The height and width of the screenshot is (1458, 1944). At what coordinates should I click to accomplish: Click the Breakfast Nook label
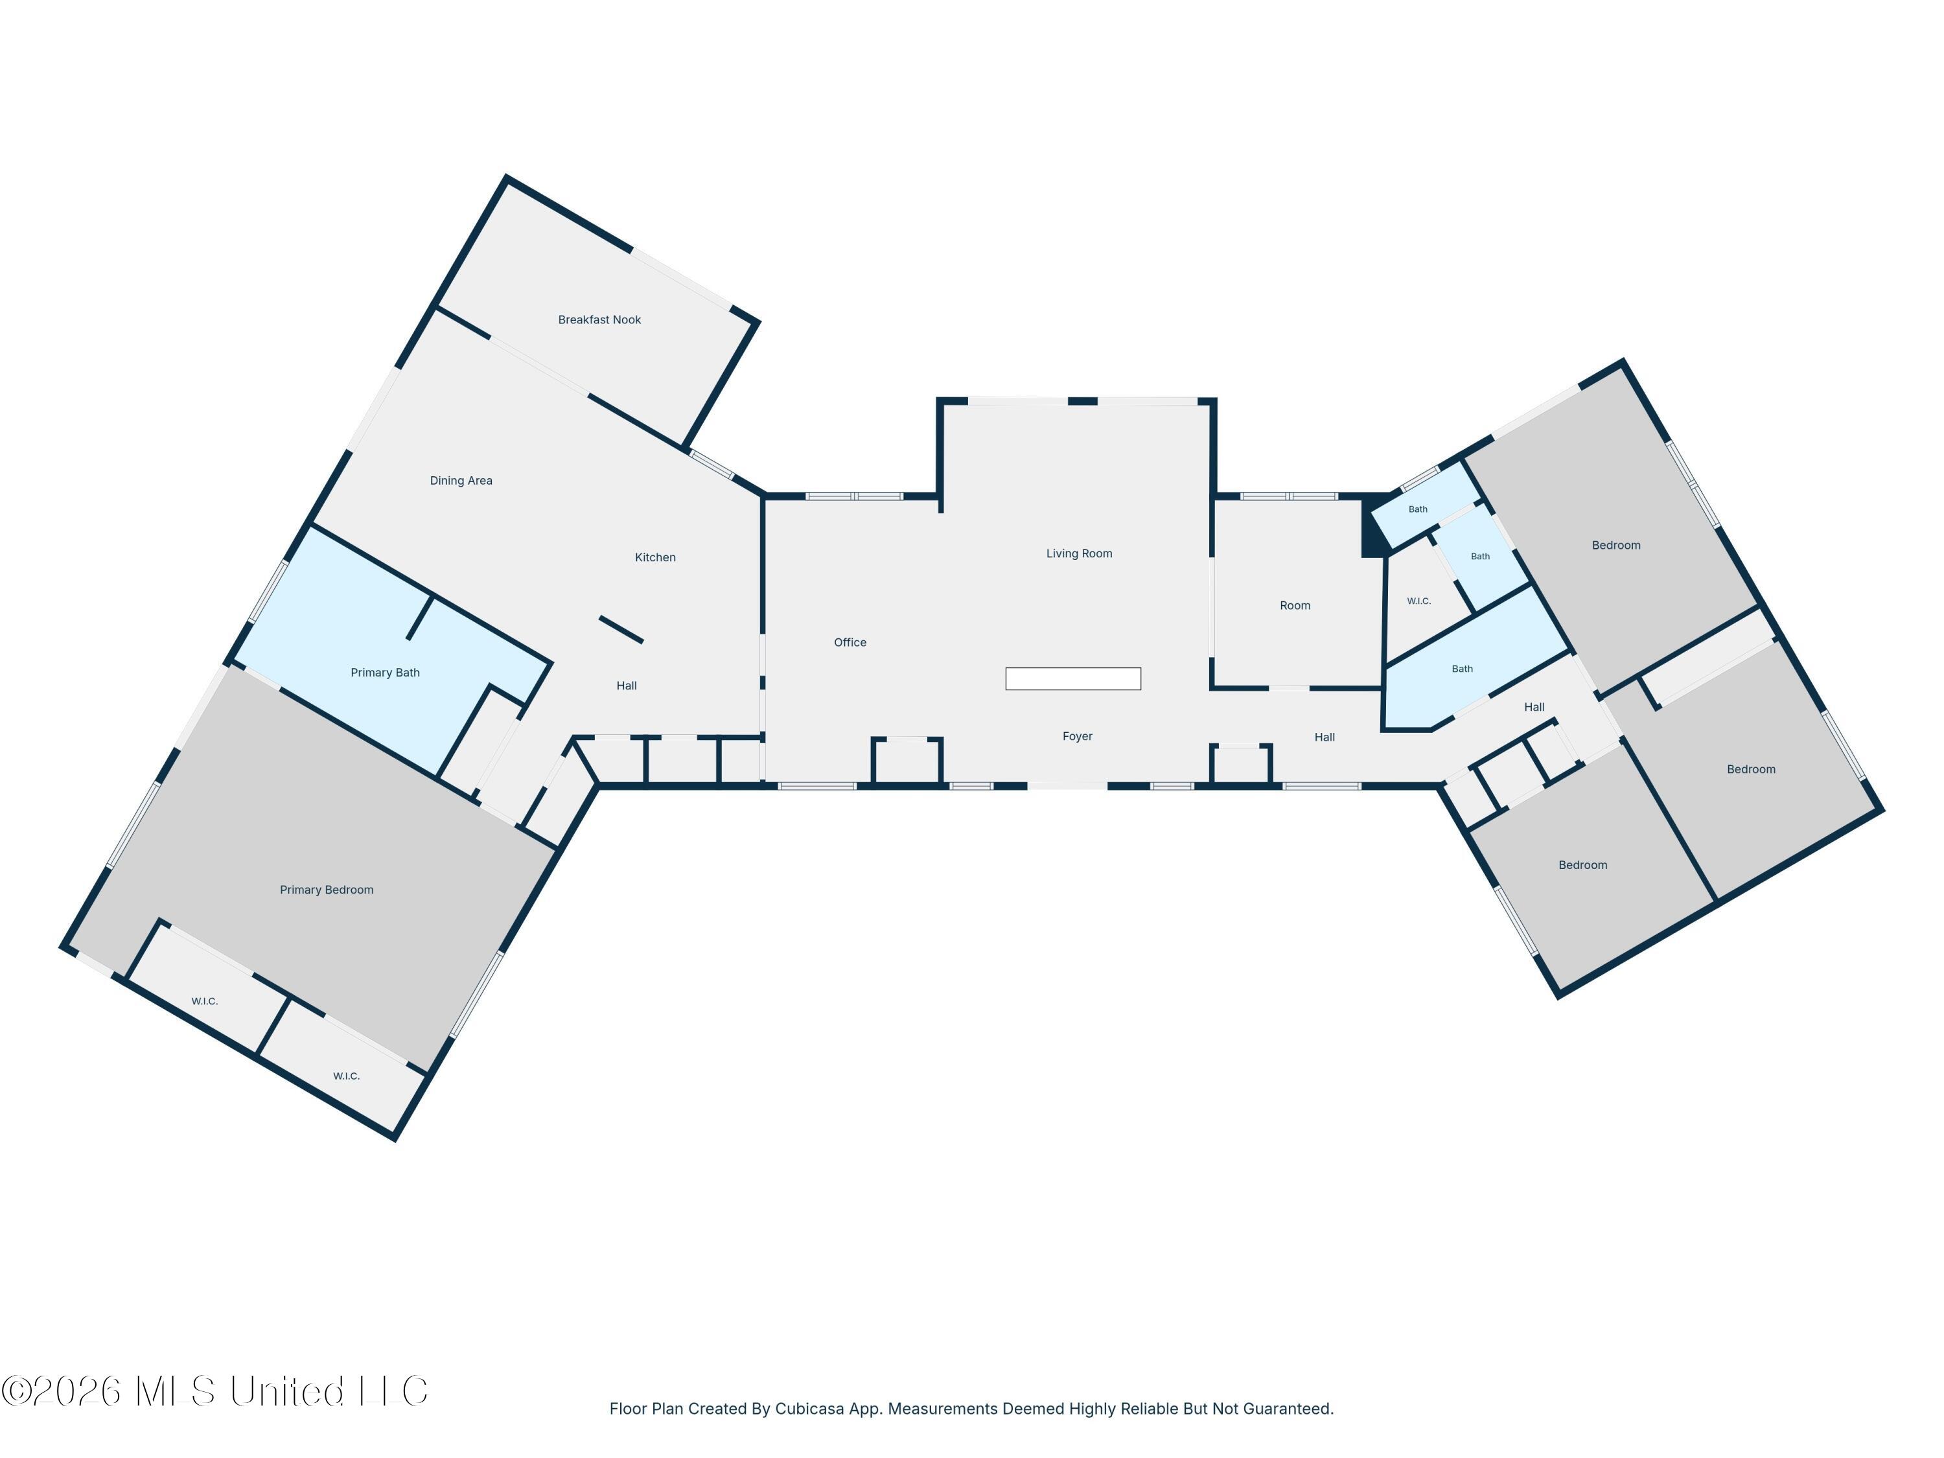[599, 320]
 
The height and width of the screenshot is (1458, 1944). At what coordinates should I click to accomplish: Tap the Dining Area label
[461, 481]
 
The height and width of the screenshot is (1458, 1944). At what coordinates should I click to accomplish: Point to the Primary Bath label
[385, 673]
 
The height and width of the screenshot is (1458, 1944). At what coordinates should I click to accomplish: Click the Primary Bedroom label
[327, 890]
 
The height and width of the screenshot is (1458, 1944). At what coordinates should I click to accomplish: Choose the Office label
[850, 642]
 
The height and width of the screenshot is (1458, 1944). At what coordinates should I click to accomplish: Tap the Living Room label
[1079, 553]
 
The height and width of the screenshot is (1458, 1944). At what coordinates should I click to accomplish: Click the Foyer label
[1078, 737]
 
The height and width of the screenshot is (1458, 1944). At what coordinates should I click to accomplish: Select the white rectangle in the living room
[1073, 678]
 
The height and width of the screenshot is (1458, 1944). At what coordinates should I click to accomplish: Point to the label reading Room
[1295, 605]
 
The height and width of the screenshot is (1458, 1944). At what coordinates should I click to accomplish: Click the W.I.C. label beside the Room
[1418, 601]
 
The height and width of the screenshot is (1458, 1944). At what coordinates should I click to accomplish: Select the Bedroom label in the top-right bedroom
[1616, 546]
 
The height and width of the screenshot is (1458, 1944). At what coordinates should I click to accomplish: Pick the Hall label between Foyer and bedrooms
[1325, 737]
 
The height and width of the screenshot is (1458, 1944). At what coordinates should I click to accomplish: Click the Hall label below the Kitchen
[627, 686]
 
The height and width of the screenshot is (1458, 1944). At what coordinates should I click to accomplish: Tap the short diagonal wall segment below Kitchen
[621, 629]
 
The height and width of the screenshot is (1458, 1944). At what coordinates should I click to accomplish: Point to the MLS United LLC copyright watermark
[214, 1391]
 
